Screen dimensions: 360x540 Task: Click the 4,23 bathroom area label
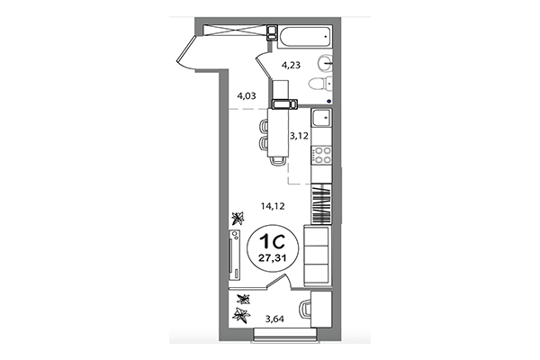(292, 65)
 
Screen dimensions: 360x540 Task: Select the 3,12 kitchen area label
(298, 136)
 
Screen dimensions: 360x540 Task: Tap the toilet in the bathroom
(319, 85)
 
